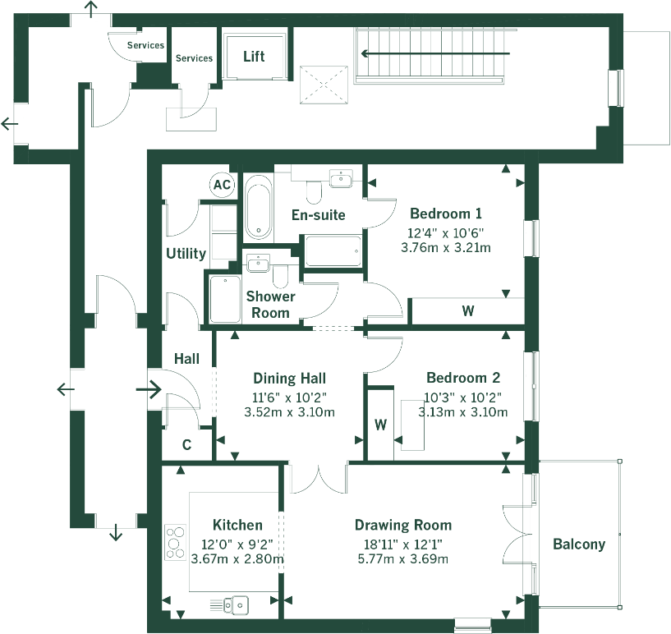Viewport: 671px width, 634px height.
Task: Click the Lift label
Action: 255,57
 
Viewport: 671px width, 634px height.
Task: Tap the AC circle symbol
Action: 222,185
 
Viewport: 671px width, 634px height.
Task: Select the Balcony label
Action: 579,544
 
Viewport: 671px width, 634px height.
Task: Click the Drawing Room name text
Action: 403,525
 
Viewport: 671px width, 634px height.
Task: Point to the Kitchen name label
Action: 237,525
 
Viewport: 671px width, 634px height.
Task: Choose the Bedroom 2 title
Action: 463,378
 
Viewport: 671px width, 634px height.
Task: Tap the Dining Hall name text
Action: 289,378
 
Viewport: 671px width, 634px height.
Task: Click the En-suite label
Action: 319,215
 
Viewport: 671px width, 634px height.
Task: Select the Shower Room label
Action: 270,305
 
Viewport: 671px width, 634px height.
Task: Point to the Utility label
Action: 186,253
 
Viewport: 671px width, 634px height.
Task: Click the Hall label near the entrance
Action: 186,359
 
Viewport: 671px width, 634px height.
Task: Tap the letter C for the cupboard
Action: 187,445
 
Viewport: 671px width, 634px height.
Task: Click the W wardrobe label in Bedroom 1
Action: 467,311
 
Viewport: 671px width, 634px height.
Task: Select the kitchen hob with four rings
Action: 175,543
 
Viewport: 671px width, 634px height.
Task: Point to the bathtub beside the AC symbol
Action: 259,205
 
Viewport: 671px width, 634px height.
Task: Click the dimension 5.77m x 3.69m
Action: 403,559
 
